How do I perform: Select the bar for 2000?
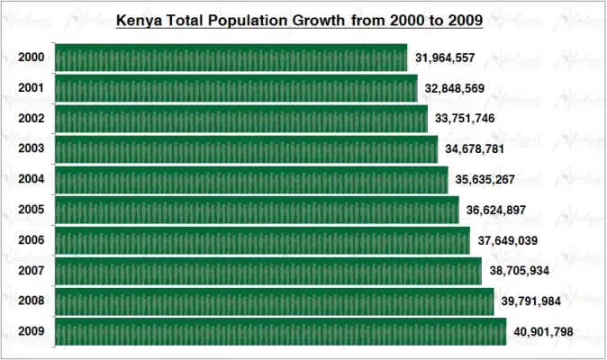pos(231,58)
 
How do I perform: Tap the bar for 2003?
pos(246,149)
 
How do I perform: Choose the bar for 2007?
pos(267,271)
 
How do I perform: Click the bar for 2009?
pos(280,331)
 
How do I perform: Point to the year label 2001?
pos(32,88)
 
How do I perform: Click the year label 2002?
pos(32,119)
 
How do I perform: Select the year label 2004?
pos(32,179)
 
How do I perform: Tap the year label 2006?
pos(32,240)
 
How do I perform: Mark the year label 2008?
pos(32,301)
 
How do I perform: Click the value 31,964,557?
pos(445,58)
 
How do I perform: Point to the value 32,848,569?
pos(455,89)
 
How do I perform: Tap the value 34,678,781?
pos(475,149)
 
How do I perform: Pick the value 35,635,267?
pos(485,180)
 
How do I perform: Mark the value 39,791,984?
pos(531,301)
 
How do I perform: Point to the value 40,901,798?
pos(543,331)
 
